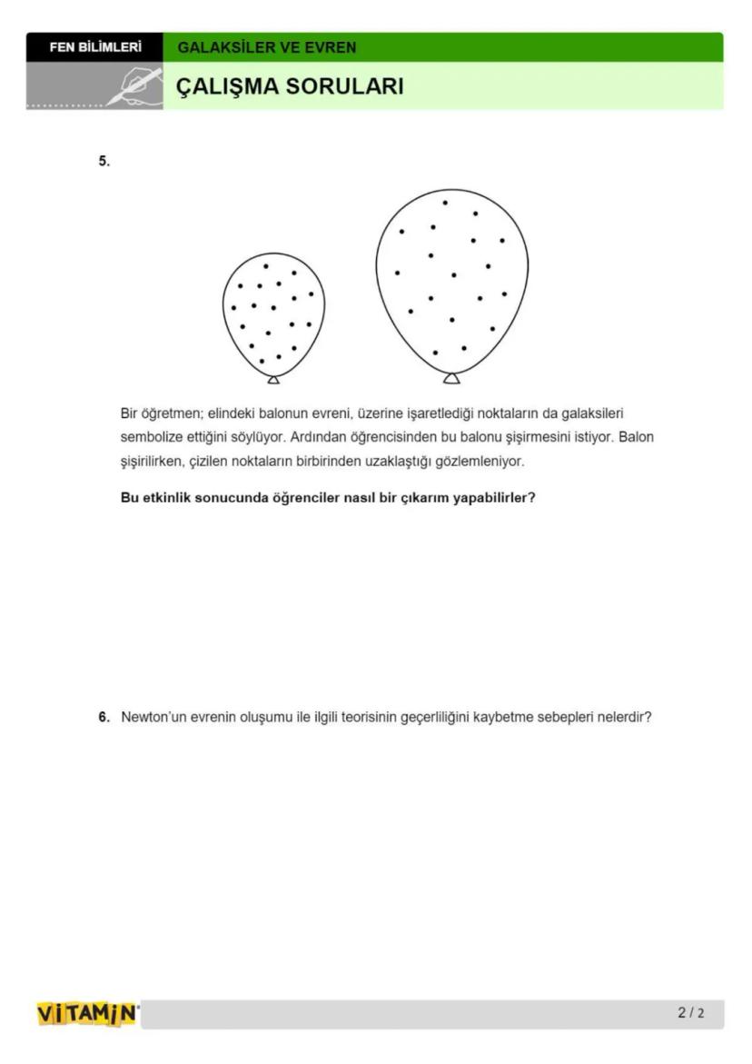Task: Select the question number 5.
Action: click(104, 161)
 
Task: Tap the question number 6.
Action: click(104, 717)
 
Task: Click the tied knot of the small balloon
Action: click(273, 379)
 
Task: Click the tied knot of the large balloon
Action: click(451, 377)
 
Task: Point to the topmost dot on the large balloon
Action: click(445, 203)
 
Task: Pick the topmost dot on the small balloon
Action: click(265, 266)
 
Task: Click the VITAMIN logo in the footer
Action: click(87, 1013)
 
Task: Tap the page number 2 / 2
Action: click(690, 1013)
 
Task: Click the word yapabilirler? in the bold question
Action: click(494, 498)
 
